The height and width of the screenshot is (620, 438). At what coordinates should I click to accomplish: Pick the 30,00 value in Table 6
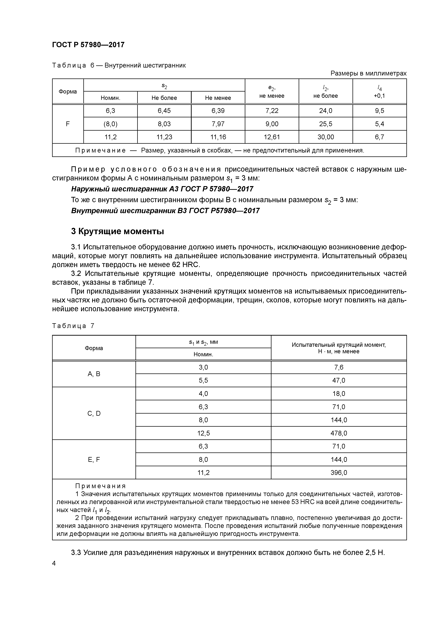pos(325,137)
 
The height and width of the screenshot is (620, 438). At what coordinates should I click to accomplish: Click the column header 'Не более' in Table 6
pos(164,98)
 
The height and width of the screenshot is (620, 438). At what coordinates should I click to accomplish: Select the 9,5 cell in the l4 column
pos(379,111)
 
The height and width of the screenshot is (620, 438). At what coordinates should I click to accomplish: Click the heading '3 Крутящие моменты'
pos(117,231)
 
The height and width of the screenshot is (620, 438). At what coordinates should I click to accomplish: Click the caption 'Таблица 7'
pos(73,326)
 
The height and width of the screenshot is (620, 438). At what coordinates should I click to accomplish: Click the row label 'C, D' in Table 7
pos(94,413)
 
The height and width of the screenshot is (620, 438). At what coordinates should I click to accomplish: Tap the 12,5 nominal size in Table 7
pos(203,433)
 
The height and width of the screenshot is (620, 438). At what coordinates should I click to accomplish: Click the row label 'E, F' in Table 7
pos(94,459)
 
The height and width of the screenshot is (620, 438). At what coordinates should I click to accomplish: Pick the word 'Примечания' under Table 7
pos(100,486)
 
